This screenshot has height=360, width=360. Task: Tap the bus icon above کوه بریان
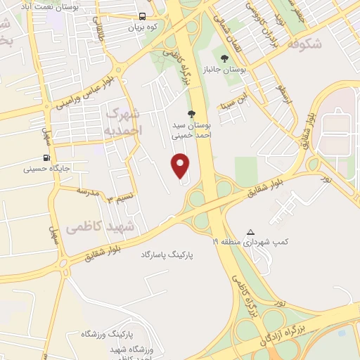coord(143,16)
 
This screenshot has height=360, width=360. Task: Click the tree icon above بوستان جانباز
coord(224,59)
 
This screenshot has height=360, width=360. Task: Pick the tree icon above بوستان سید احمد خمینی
coord(191,113)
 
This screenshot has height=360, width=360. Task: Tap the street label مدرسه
coord(89,191)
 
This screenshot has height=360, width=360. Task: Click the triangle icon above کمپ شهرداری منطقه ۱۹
coord(251,231)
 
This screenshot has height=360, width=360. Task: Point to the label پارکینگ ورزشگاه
coord(107,332)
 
